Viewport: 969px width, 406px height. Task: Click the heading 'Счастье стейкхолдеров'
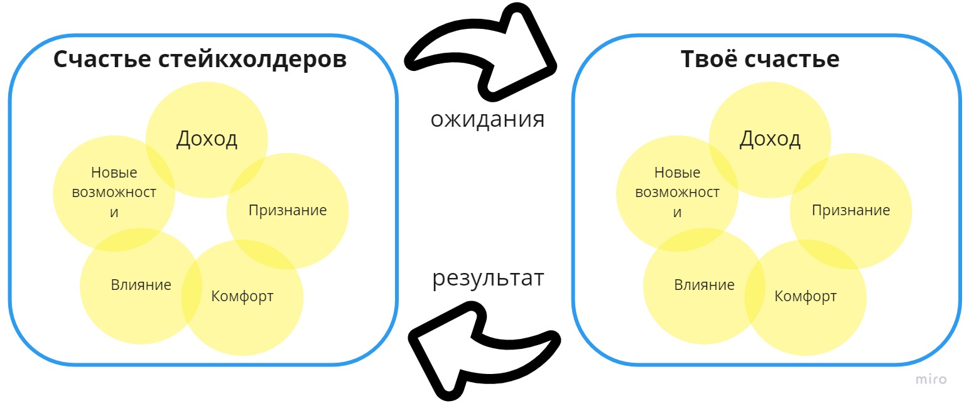point(200,59)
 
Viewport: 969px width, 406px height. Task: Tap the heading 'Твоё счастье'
point(760,59)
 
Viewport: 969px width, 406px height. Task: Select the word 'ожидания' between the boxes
point(487,119)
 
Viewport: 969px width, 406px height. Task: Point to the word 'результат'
point(488,277)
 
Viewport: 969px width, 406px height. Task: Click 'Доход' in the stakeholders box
point(207,139)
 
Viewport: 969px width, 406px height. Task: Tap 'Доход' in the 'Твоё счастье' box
point(770,139)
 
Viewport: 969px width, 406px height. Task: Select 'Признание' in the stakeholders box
point(288,210)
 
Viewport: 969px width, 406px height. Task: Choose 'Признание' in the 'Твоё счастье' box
point(851,210)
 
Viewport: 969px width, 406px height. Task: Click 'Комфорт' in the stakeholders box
point(242,296)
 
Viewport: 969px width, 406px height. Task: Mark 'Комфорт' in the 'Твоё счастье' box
point(806,296)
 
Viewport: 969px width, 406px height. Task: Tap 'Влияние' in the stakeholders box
point(141,285)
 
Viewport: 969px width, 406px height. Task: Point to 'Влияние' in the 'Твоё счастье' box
point(705,285)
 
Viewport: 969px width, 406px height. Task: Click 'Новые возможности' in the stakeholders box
point(114,192)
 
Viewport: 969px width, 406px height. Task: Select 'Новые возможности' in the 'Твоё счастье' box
point(677,192)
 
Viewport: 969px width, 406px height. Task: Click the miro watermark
point(931,379)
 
